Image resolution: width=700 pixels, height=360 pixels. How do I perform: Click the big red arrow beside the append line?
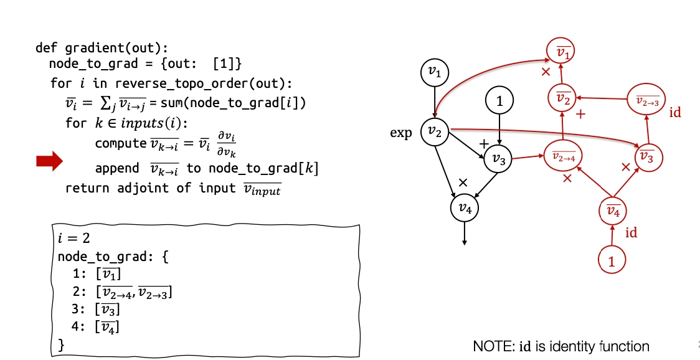[x=49, y=161]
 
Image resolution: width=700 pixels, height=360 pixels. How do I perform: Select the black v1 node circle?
[x=434, y=73]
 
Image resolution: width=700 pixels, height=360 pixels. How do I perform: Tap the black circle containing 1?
[x=499, y=100]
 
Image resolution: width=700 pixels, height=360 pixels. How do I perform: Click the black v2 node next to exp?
[x=434, y=131]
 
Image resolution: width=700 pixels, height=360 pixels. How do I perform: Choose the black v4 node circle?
[x=465, y=208]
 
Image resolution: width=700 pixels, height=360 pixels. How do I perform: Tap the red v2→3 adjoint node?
[x=647, y=100]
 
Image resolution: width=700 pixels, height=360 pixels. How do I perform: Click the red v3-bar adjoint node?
[x=648, y=158]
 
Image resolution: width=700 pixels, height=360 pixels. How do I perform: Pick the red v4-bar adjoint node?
[x=613, y=212]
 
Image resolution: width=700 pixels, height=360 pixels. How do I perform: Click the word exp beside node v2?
[x=400, y=133]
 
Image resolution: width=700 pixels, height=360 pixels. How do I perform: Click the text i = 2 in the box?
[x=72, y=239]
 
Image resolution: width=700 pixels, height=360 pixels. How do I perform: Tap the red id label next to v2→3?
[x=675, y=113]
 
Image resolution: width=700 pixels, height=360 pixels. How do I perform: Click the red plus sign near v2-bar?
[x=580, y=115]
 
